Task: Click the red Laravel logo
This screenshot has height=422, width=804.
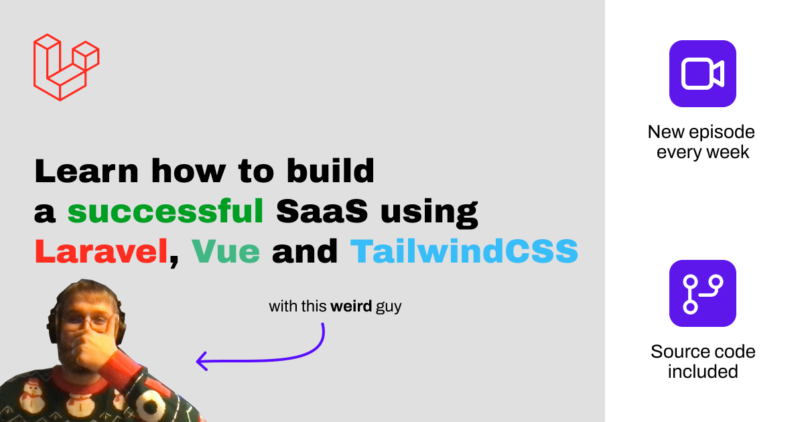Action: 66,66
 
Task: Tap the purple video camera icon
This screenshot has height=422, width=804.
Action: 702,73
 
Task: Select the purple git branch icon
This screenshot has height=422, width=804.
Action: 702,293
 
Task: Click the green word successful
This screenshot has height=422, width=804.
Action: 165,212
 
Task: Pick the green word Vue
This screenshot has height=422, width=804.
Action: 226,252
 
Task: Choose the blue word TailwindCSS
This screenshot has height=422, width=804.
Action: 464,252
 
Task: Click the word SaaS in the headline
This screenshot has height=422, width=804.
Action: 322,212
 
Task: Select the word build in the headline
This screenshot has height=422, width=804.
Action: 335,172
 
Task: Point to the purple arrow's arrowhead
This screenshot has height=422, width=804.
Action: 200,362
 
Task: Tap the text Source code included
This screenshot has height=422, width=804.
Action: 702,361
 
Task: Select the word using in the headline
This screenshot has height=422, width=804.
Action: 429,212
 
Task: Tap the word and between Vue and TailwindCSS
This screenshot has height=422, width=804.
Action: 305,252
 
